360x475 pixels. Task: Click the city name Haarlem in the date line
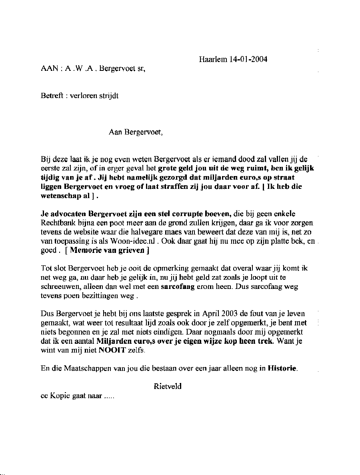(213, 60)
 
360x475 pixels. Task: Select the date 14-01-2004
(248, 60)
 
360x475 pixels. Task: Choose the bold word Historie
(282, 369)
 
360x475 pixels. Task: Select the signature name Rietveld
(168, 386)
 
